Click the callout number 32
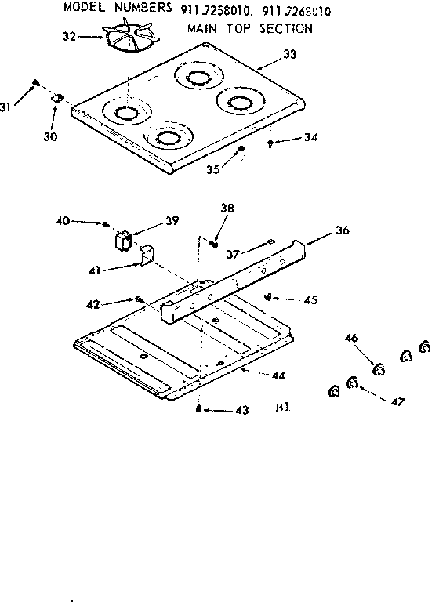[x=68, y=36]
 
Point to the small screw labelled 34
[x=271, y=142]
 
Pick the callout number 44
[x=278, y=375]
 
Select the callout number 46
[x=351, y=338]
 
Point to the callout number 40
[x=63, y=222]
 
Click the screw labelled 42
[x=140, y=299]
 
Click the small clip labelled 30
[x=57, y=99]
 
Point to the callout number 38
[x=227, y=209]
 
